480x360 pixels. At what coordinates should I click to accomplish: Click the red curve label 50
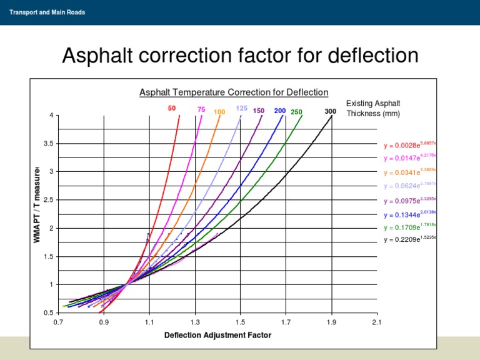pyautogui.click(x=172, y=108)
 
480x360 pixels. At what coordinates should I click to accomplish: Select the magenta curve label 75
pyautogui.click(x=201, y=109)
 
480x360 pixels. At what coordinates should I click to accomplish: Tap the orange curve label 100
pyautogui.click(x=219, y=112)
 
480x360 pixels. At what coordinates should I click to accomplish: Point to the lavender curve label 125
pyautogui.click(x=242, y=108)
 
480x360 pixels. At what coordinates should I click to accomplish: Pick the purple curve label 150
pyautogui.click(x=259, y=111)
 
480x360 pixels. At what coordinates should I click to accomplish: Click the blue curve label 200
pyautogui.click(x=280, y=111)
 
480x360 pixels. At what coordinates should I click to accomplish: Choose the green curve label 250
pyautogui.click(x=296, y=112)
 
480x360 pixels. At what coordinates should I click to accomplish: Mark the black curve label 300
pyautogui.click(x=331, y=111)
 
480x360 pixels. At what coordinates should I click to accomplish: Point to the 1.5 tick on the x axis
pyautogui.click(x=240, y=322)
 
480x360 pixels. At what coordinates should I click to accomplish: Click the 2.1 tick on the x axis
pyautogui.click(x=376, y=322)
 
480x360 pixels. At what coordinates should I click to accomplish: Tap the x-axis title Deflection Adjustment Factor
pyautogui.click(x=217, y=335)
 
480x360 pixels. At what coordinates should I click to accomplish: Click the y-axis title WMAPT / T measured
pyautogui.click(x=37, y=205)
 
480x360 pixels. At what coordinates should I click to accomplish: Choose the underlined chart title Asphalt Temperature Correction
pyautogui.click(x=234, y=92)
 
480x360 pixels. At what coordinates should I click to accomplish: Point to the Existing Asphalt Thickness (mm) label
pyautogui.click(x=373, y=108)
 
